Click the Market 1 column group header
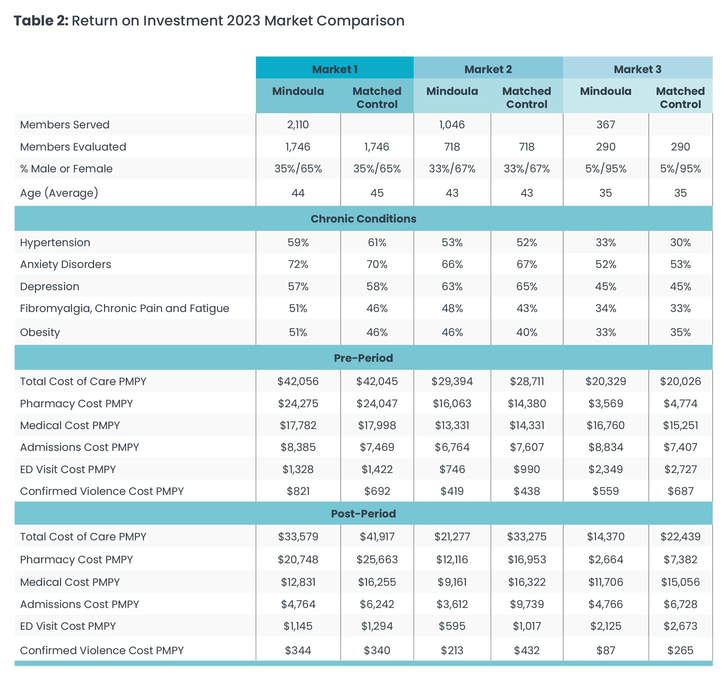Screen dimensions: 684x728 (335, 69)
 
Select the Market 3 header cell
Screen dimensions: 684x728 (637, 69)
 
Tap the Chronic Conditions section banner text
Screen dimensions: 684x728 (363, 219)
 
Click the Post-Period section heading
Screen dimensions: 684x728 (363, 513)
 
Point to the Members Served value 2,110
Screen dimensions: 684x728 (298, 125)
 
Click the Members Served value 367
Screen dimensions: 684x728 (605, 125)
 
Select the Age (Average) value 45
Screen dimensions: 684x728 (377, 193)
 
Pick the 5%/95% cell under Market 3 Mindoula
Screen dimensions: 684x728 (605, 168)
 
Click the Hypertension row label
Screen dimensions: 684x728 (55, 243)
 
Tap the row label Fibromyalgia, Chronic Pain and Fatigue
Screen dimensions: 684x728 (125, 308)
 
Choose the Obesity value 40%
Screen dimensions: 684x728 (527, 332)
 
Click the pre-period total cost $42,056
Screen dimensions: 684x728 (298, 381)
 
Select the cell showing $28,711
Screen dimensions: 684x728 (527, 381)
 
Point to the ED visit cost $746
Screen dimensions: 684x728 (452, 469)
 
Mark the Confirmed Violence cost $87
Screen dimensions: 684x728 (605, 650)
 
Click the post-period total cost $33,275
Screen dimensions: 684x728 (527, 537)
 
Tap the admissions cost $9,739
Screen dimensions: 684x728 (527, 604)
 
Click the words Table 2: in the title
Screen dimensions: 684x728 (41, 21)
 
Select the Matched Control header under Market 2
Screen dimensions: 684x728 (527, 97)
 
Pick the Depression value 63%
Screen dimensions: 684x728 (452, 287)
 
